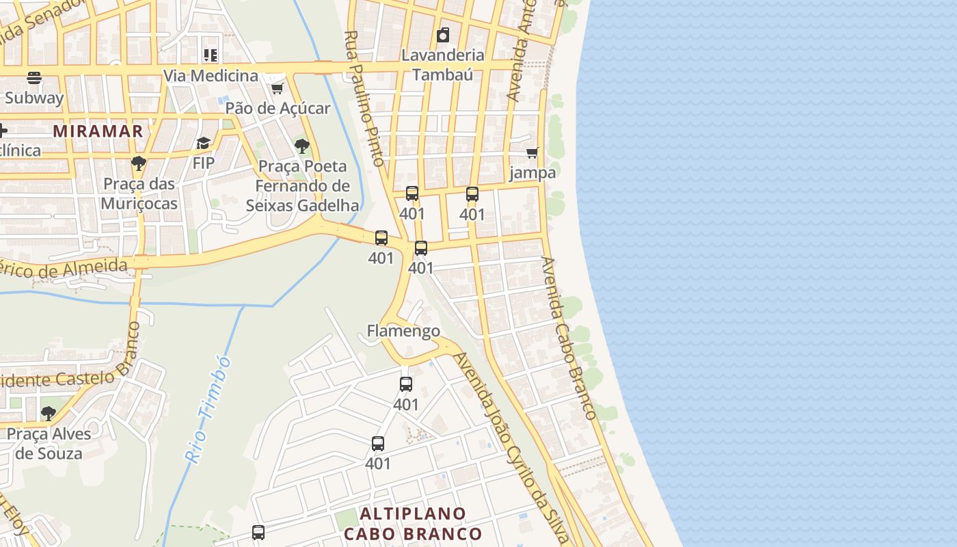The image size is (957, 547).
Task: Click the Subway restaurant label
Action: [34, 98]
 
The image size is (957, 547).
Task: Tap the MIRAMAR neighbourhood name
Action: [98, 131]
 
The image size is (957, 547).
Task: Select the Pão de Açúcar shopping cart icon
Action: [277, 89]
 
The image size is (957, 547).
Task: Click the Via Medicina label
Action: [211, 75]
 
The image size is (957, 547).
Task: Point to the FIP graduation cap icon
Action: [203, 143]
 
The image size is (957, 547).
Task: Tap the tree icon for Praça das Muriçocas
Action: [139, 163]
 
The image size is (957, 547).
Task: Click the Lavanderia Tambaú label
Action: [443, 64]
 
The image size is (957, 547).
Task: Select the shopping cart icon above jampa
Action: [533, 152]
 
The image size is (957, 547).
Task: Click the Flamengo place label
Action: [403, 331]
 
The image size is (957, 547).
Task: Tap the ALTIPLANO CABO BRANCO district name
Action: [413, 523]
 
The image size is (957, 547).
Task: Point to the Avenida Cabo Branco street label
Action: [569, 338]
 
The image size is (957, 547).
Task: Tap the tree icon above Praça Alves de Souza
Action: [48, 413]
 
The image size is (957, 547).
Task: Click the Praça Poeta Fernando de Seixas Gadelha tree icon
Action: [301, 146]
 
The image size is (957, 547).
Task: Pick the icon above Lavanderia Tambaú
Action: [443, 35]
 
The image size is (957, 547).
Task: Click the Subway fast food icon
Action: [34, 77]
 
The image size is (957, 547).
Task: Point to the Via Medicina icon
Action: [211, 55]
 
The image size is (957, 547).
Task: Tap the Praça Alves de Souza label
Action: [49, 443]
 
